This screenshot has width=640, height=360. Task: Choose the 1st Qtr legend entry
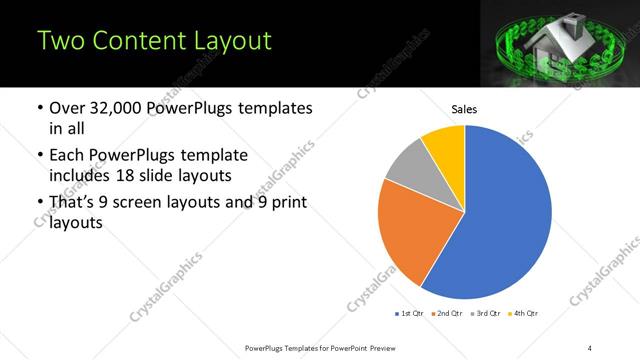point(411,314)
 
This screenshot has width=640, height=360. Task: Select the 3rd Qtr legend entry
point(487,314)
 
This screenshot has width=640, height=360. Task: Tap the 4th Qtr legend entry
point(525,314)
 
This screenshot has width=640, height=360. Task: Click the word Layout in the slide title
point(222,41)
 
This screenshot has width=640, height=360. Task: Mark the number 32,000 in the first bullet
point(122,108)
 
